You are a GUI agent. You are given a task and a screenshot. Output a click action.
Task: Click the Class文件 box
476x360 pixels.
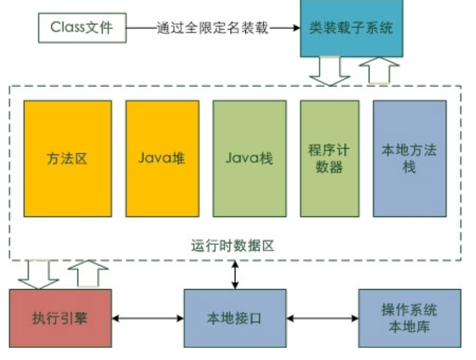pos(82,27)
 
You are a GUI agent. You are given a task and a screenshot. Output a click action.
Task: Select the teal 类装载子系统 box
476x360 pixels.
pos(351,27)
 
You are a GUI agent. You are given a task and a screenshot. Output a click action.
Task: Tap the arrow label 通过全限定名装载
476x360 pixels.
pos(213,27)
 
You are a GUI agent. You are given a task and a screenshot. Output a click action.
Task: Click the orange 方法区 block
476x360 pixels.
pos(67,159)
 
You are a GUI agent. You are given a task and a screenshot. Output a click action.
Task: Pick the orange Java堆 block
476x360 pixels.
pos(162,159)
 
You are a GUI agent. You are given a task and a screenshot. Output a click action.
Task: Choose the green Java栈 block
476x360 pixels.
pos(249,159)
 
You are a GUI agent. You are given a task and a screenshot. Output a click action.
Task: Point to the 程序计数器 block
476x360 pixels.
pos(329,159)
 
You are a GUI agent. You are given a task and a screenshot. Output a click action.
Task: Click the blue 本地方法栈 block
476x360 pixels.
pos(409,159)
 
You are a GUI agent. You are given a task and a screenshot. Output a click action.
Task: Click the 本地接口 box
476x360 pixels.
pos(235,318)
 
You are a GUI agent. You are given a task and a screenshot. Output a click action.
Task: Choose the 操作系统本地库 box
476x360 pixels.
pos(409,318)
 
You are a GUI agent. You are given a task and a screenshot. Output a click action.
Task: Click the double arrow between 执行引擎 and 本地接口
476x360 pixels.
pos(148,318)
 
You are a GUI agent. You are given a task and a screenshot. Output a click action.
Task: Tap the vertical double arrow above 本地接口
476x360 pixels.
pos(235,275)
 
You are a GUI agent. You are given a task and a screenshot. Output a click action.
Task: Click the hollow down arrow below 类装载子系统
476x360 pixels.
pos(329,71)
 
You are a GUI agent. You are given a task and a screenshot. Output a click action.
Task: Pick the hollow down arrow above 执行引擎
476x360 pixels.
pos(38,275)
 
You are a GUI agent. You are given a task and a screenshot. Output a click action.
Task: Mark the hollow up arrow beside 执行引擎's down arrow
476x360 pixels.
pos(88,273)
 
